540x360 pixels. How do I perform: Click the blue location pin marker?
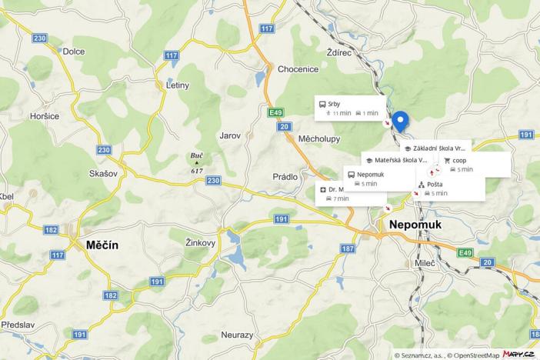pyautogui.click(x=401, y=122)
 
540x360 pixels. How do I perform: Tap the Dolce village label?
pyautogui.click(x=73, y=52)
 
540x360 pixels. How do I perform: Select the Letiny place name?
pyautogui.click(x=177, y=85)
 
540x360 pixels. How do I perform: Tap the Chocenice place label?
pyautogui.click(x=298, y=69)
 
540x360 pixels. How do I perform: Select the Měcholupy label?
pyautogui.click(x=318, y=139)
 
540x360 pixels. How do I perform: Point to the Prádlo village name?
pyautogui.click(x=285, y=177)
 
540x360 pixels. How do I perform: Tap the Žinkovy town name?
pyautogui.click(x=200, y=242)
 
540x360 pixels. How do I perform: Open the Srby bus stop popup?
pyautogui.click(x=348, y=108)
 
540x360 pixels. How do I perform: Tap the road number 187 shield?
pyautogui.click(x=348, y=248)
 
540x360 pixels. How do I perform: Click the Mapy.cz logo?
pyautogui.click(x=519, y=354)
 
